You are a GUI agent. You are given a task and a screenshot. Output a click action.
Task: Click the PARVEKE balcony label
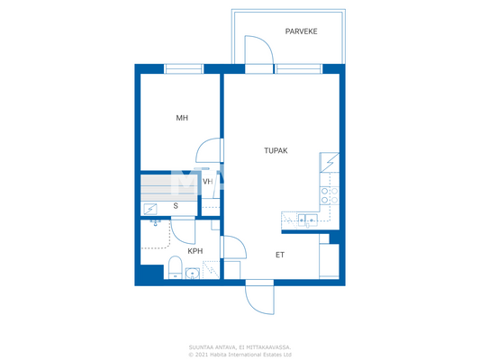tap(301, 31)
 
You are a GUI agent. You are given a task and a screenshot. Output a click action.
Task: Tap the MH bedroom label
tap(180, 117)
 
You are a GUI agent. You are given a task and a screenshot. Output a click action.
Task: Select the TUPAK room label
tap(276, 151)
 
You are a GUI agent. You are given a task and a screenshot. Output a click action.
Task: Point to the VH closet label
tap(207, 182)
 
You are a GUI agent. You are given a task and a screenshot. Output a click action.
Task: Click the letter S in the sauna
tap(176, 206)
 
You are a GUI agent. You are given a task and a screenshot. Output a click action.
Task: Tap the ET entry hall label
tap(280, 255)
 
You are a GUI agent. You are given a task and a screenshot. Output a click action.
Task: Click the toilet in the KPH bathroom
tap(175, 266)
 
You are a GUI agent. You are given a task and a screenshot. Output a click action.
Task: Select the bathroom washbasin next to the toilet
tap(195, 271)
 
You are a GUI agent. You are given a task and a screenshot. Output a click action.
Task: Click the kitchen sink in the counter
tap(306, 218)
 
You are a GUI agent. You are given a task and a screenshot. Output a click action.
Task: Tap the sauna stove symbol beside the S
tap(149, 208)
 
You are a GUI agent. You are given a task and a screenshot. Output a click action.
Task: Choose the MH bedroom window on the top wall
tap(184, 67)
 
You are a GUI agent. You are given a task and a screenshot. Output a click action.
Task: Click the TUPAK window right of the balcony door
tap(298, 67)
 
